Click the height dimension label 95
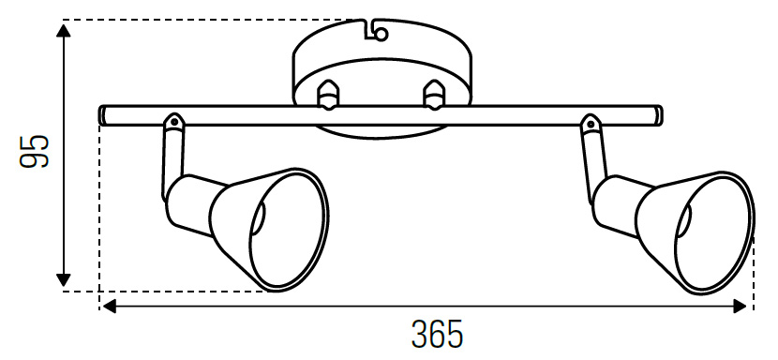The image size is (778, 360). (35, 152)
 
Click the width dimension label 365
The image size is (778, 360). (437, 334)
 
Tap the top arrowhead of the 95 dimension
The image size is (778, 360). (63, 30)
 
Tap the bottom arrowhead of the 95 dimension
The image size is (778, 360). (63, 279)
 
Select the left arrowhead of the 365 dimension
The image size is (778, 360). (109, 307)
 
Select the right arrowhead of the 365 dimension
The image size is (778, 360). (740, 307)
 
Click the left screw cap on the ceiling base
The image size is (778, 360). (328, 95)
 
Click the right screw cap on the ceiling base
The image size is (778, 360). (433, 95)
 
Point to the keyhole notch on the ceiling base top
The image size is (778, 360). (375, 31)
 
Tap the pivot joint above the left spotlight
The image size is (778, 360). (173, 123)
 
